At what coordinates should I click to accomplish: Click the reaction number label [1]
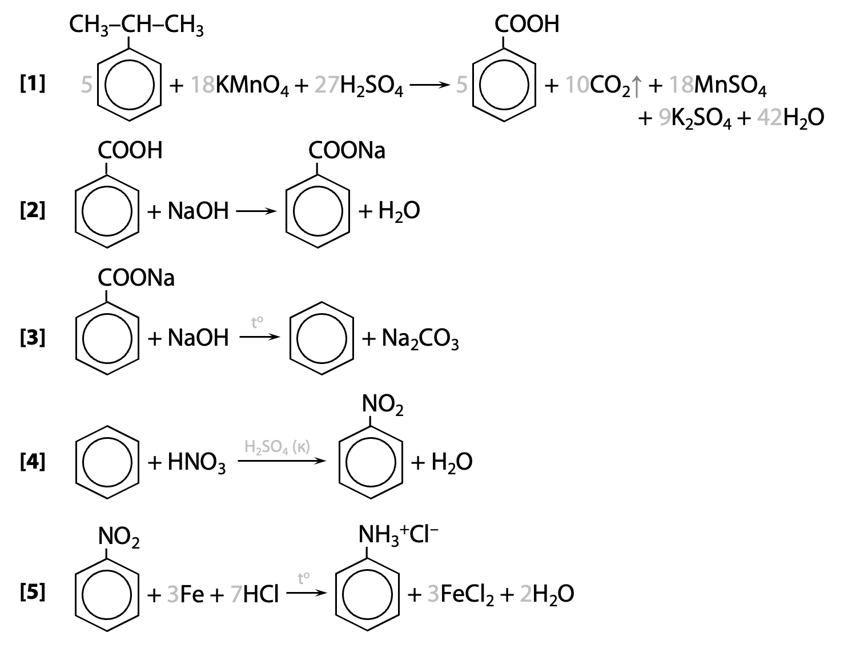click(33, 84)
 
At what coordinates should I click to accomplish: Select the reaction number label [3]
click(33, 337)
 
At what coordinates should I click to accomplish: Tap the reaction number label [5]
click(33, 593)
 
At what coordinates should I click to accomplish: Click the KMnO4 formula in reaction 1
click(252, 86)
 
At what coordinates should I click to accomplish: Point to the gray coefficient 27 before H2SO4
click(327, 85)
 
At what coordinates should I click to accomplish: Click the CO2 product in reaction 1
click(610, 86)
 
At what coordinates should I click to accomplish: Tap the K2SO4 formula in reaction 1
click(701, 118)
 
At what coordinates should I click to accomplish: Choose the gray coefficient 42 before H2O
click(769, 117)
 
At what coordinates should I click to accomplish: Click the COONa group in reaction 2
click(347, 150)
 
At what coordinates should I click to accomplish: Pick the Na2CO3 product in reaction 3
click(420, 339)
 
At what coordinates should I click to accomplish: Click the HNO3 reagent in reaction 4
click(196, 463)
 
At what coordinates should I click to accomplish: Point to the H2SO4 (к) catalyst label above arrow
click(277, 447)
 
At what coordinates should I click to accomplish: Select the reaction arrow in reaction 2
click(256, 211)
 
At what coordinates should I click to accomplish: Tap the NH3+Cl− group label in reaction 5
click(398, 535)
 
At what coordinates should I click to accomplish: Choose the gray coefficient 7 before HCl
click(236, 594)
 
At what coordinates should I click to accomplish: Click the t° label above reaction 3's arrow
click(257, 322)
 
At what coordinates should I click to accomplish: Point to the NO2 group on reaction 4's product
click(383, 405)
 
